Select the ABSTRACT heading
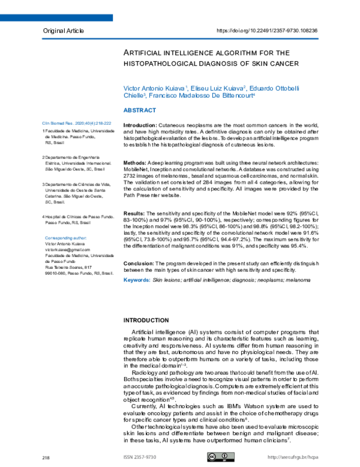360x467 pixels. pyautogui.click(x=139, y=110)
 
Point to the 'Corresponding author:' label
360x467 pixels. pyautogui.click(x=67, y=238)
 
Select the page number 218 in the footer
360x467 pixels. pyautogui.click(x=46, y=458)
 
